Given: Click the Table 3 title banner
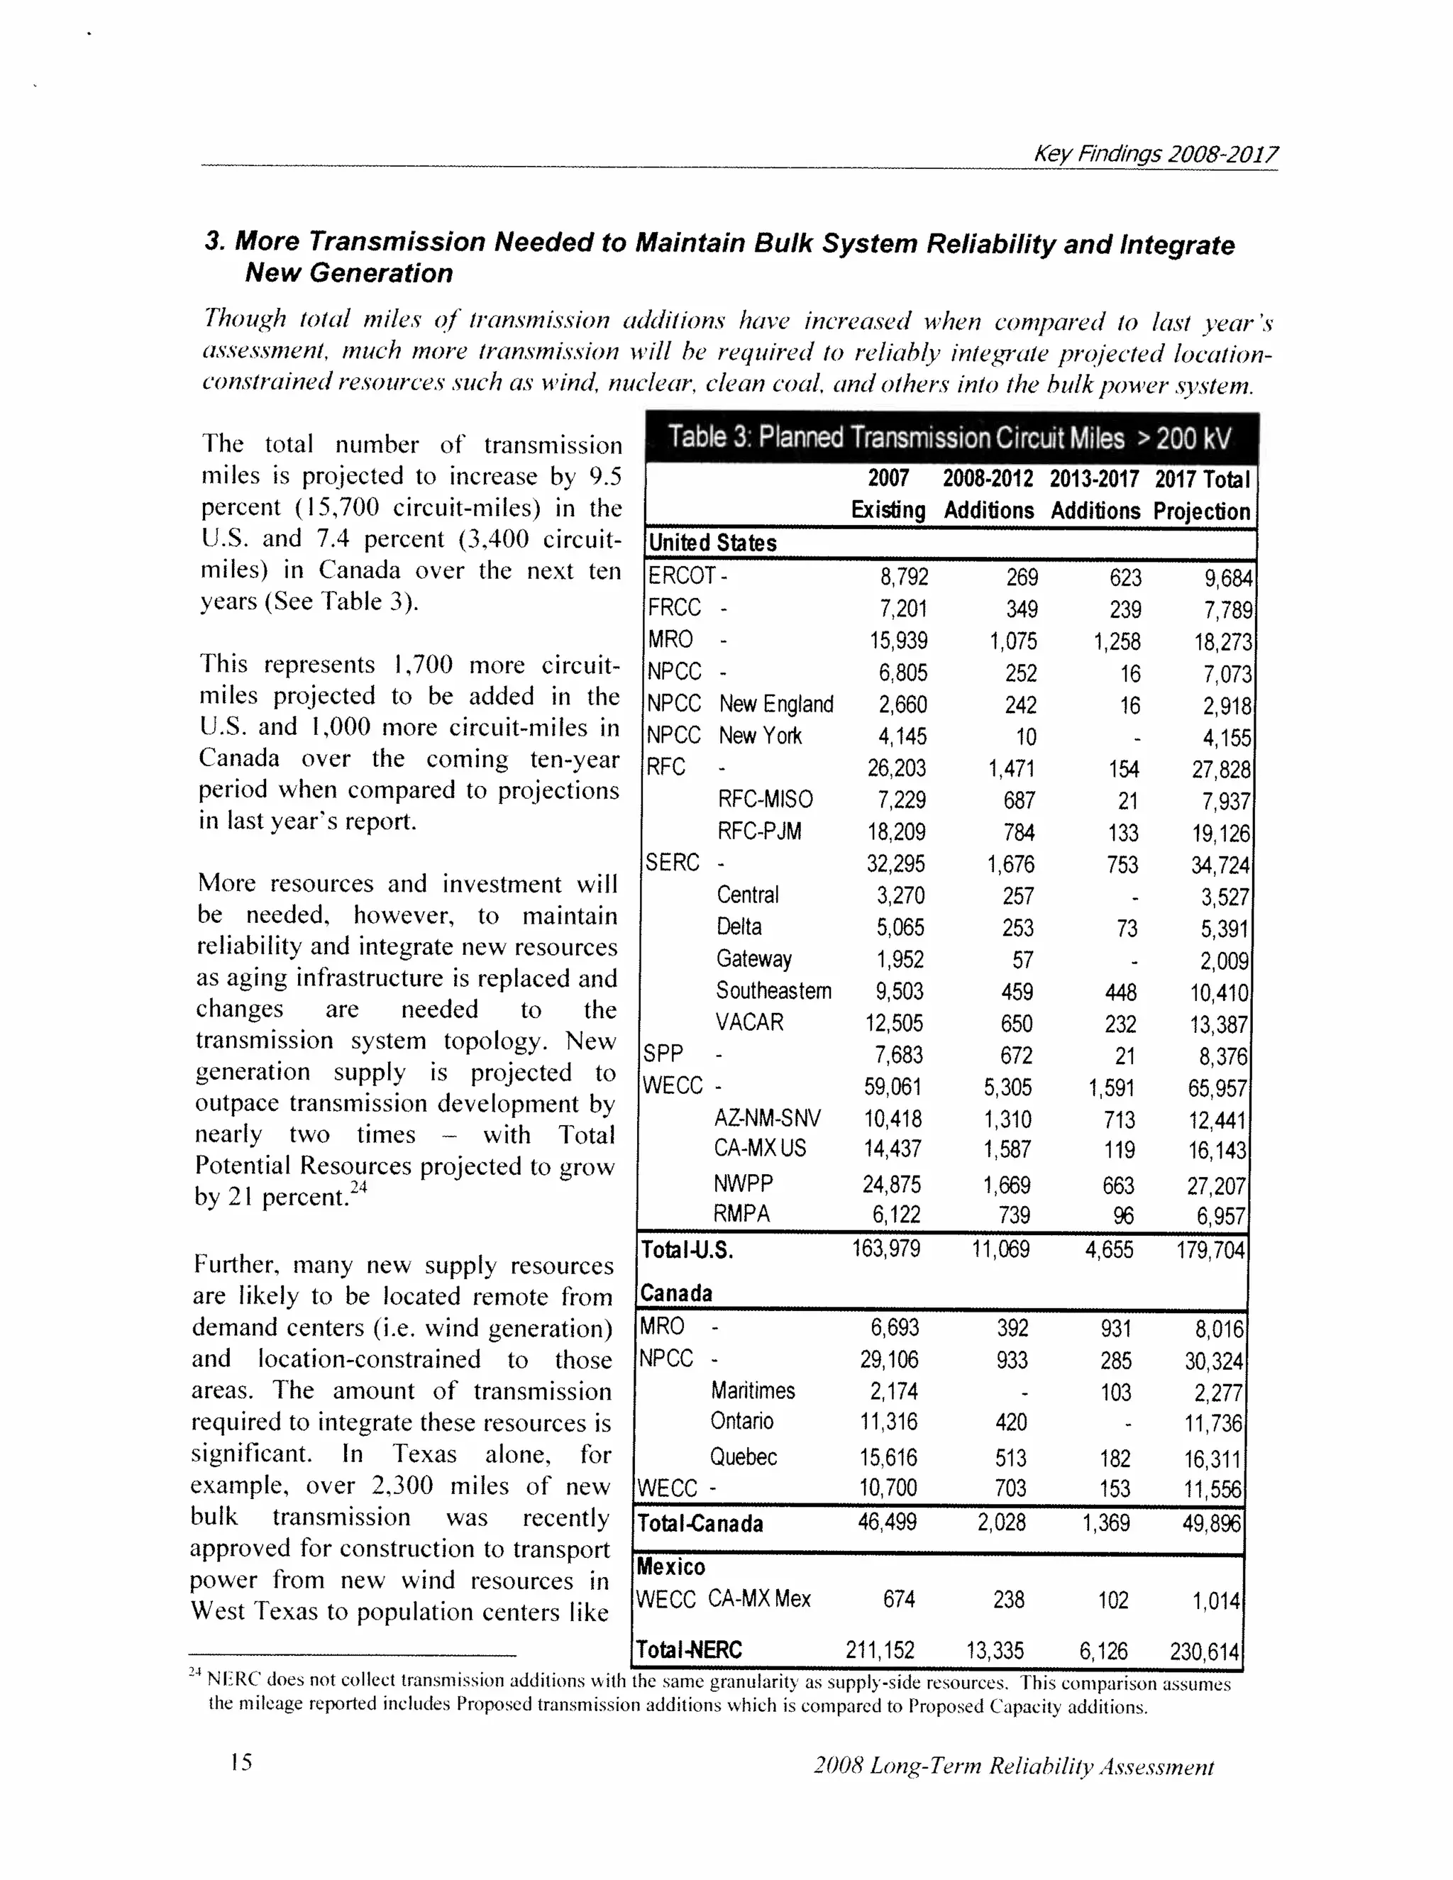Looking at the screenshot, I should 949,438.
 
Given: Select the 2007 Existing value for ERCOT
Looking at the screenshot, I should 903,576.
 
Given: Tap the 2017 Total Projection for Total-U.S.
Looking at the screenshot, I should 1210,1250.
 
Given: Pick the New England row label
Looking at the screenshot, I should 775,704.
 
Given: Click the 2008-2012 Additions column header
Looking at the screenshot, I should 988,494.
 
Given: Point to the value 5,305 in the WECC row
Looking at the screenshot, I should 1007,1087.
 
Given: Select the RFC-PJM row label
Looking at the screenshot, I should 759,831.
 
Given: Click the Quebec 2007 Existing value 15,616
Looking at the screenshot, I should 888,1457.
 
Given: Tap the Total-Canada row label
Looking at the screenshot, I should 700,1524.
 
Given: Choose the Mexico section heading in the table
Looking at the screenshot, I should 670,1566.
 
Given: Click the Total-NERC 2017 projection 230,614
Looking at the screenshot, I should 1203,1652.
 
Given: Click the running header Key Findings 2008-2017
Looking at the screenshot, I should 1155,154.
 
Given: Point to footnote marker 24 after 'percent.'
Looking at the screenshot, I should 359,1187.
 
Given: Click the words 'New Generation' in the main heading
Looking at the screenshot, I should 348,273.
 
